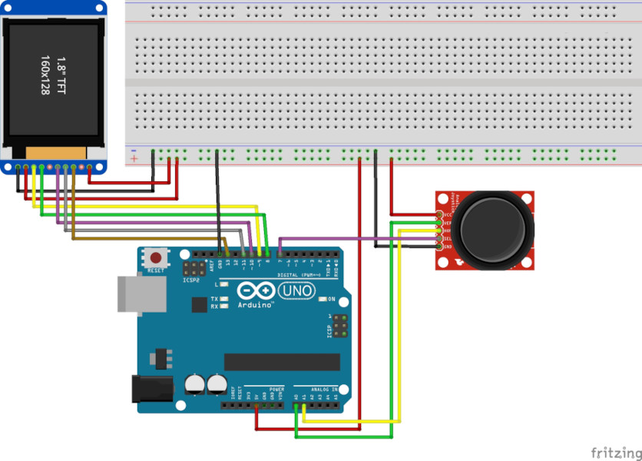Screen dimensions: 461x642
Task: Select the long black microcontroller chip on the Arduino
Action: pos(281,362)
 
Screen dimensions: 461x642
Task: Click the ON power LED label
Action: pos(332,298)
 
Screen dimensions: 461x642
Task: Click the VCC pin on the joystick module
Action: pos(438,214)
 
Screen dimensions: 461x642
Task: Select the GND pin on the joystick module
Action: pos(438,247)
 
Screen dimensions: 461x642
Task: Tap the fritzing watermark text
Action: pos(616,452)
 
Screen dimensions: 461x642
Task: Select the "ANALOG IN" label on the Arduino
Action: pos(324,390)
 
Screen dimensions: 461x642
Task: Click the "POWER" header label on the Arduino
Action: pos(277,390)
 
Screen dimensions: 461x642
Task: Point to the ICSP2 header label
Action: pos(191,281)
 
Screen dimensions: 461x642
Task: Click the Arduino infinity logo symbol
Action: pos(256,291)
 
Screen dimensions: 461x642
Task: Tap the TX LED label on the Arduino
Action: pos(214,298)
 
